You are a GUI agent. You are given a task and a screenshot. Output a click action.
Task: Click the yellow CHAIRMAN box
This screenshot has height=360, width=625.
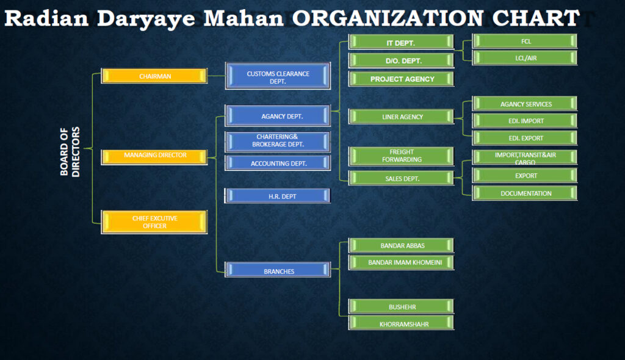click(154, 76)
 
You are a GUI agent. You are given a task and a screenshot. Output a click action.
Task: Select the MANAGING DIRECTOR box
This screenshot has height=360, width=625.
click(154, 156)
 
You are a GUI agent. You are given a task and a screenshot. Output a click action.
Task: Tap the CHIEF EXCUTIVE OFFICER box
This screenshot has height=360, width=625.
click(154, 221)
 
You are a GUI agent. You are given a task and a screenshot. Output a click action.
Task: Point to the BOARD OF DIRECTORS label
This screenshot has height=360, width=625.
click(70, 151)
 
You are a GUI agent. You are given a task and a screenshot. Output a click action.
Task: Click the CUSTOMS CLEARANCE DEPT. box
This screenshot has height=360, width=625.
click(278, 77)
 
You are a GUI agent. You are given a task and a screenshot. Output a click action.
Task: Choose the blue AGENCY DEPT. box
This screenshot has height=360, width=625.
click(278, 116)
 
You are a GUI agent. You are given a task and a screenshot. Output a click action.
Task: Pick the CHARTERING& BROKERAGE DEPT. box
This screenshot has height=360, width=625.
click(278, 141)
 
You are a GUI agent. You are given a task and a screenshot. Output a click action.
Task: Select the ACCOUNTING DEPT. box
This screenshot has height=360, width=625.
click(278, 163)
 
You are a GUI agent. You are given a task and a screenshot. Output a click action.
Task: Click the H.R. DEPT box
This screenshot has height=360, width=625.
click(278, 196)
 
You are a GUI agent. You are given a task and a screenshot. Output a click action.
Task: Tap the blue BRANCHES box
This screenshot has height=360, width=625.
click(278, 271)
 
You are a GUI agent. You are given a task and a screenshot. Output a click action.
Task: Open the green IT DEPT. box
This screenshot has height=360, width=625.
click(400, 43)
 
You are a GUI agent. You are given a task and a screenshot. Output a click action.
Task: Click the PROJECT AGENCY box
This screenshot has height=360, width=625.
click(400, 79)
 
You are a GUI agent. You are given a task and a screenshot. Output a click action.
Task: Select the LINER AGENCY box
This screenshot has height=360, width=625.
click(400, 117)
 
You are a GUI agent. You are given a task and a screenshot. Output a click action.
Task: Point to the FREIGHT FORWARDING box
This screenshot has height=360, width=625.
click(400, 156)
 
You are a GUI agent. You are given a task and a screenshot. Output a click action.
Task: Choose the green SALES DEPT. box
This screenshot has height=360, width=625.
click(400, 178)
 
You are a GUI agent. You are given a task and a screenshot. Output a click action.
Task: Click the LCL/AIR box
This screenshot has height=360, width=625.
click(525, 58)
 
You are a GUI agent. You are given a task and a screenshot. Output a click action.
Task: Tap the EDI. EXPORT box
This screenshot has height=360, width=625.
click(525, 138)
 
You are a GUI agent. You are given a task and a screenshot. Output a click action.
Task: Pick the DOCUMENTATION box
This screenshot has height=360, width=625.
click(525, 193)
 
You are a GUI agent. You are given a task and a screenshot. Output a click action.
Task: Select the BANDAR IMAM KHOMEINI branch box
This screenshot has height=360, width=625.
click(400, 262)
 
